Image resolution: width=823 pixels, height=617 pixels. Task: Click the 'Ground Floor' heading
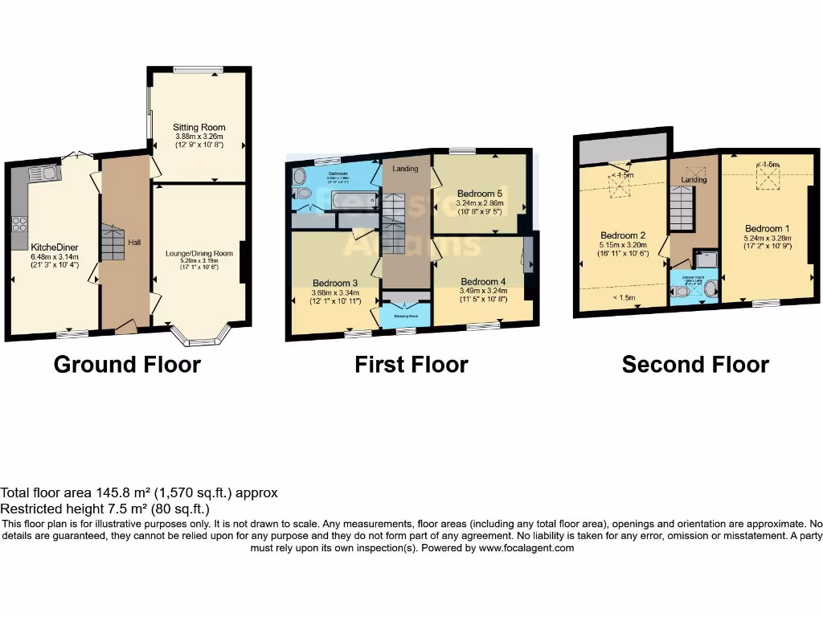click(x=127, y=365)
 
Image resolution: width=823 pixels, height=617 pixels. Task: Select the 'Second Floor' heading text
click(x=695, y=365)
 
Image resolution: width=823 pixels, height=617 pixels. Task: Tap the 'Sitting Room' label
click(x=199, y=127)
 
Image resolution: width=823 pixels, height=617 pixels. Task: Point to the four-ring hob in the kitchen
click(x=20, y=224)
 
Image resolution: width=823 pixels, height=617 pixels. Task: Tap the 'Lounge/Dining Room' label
click(x=199, y=253)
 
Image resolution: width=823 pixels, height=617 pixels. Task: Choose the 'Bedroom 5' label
click(x=480, y=194)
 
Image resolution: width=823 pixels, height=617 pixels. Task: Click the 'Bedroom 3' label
click(x=335, y=283)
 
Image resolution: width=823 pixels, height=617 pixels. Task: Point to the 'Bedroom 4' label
click(x=483, y=282)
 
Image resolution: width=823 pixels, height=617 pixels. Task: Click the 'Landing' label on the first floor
click(x=405, y=169)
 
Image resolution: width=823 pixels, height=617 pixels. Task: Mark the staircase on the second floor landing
click(x=681, y=207)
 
